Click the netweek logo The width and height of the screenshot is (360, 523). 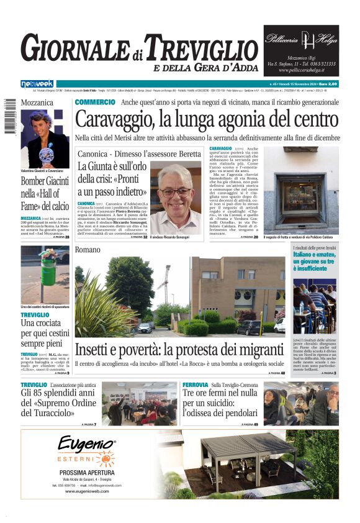pyautogui.click(x=37, y=84)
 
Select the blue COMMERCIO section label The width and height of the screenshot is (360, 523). pyautogui.click(x=94, y=102)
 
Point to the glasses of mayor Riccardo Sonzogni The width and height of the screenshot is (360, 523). pyautogui.click(x=175, y=192)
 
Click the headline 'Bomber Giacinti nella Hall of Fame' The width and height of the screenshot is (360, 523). pyautogui.click(x=45, y=193)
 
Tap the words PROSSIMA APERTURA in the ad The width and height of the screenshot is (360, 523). pyautogui.click(x=86, y=472)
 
